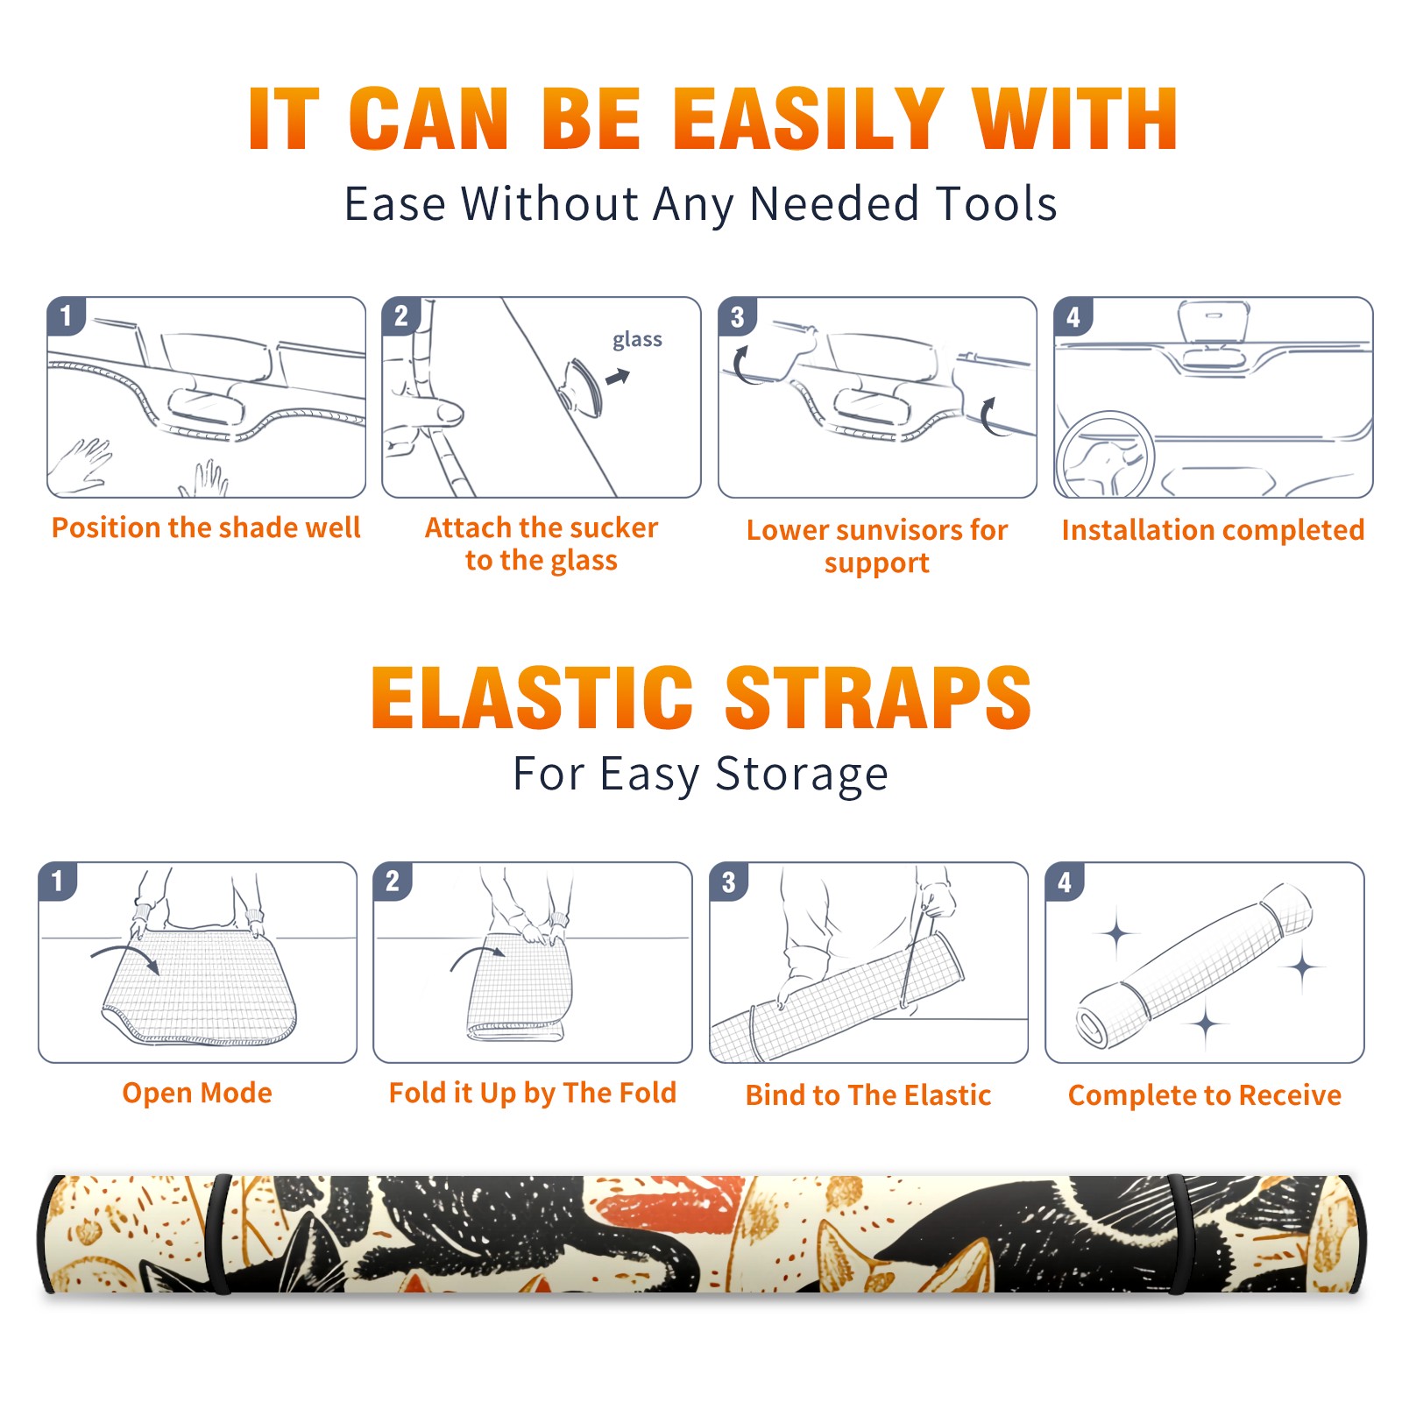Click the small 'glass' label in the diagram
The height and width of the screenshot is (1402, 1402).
coord(637,340)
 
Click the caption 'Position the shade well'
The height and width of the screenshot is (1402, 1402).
coord(206,528)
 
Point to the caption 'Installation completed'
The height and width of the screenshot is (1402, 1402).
coord(1213,529)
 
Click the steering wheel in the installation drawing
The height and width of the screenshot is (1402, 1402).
coord(1104,455)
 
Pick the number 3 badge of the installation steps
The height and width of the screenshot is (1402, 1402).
coord(737,316)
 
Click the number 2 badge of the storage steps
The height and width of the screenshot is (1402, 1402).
coord(393,881)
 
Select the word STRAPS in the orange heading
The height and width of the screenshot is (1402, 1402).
coord(878,697)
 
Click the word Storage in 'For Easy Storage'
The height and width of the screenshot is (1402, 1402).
coord(802,775)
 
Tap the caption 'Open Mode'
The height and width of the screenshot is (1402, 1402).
coord(197,1093)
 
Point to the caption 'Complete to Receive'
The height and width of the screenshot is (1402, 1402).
coord(1205,1095)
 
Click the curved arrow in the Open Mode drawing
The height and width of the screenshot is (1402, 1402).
coord(126,957)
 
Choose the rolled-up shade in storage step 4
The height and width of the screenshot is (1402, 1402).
coord(1194,966)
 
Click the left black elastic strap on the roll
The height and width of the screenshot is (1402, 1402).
coord(218,1235)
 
